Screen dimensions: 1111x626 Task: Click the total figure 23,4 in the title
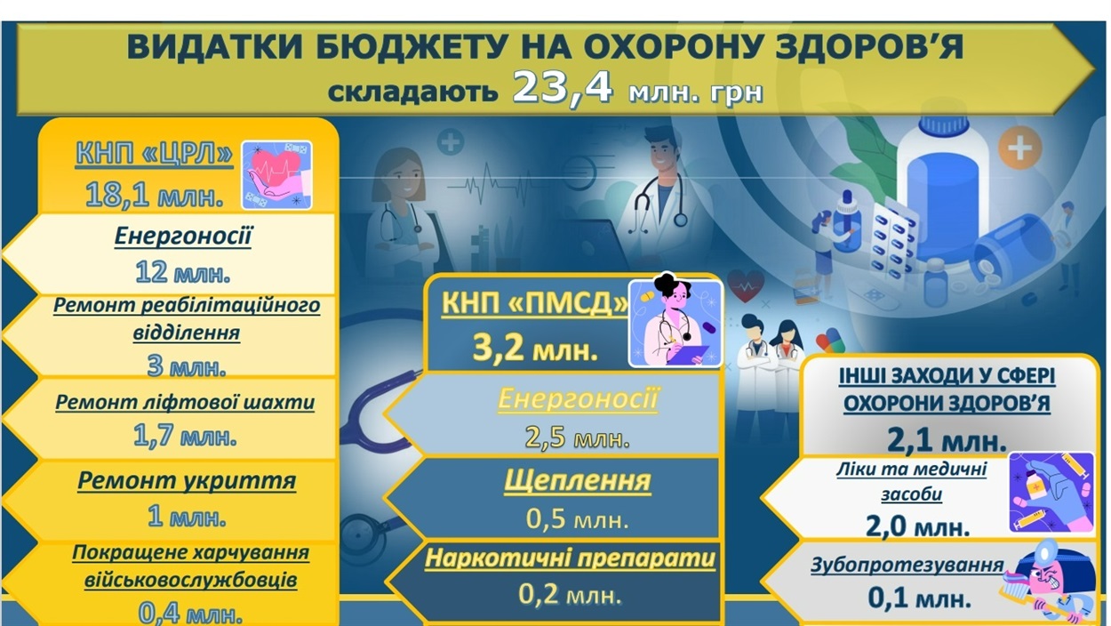point(563,87)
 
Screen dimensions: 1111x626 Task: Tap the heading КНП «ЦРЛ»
point(155,153)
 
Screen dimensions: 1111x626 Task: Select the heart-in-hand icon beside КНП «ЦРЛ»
point(276,175)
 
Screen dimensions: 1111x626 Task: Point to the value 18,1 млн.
point(155,195)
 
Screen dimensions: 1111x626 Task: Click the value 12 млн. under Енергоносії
point(183,273)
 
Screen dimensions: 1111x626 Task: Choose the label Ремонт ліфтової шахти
point(185,402)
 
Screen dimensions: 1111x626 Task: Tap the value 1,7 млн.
point(185,437)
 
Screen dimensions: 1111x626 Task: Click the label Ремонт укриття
point(187,481)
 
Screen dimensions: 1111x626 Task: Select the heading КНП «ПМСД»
point(535,302)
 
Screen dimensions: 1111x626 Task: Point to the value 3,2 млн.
point(535,348)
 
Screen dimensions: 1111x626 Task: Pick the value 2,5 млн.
point(578,437)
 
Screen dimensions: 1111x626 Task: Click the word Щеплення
point(578,481)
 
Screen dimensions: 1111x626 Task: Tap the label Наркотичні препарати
point(571,558)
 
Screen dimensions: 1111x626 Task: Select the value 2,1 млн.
point(947,440)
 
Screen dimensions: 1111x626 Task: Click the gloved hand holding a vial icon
point(1051,492)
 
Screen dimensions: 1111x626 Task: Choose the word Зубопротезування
point(907,565)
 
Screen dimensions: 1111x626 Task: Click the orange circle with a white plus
point(1019,148)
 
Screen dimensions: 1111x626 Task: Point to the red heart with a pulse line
point(746,285)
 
